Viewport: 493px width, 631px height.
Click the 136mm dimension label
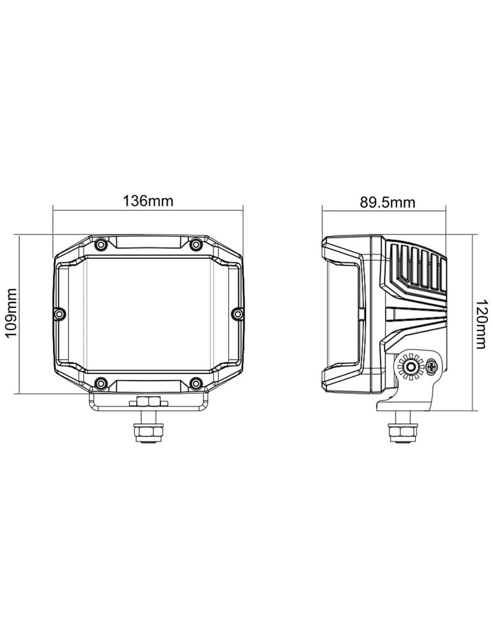pos(148,200)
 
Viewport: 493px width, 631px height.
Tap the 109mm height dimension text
pos(10,312)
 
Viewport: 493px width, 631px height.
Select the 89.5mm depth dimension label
pos(387,202)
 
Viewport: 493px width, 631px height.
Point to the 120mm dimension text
pos(482,324)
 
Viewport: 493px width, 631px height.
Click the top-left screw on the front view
pos(100,244)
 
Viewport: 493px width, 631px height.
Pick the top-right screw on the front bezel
pos(195,244)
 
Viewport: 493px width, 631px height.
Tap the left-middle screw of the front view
pos(59,313)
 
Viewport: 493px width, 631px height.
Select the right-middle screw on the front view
pos(237,313)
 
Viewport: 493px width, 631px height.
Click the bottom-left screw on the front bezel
pos(100,382)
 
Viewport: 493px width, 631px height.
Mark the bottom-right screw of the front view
pos(195,382)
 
